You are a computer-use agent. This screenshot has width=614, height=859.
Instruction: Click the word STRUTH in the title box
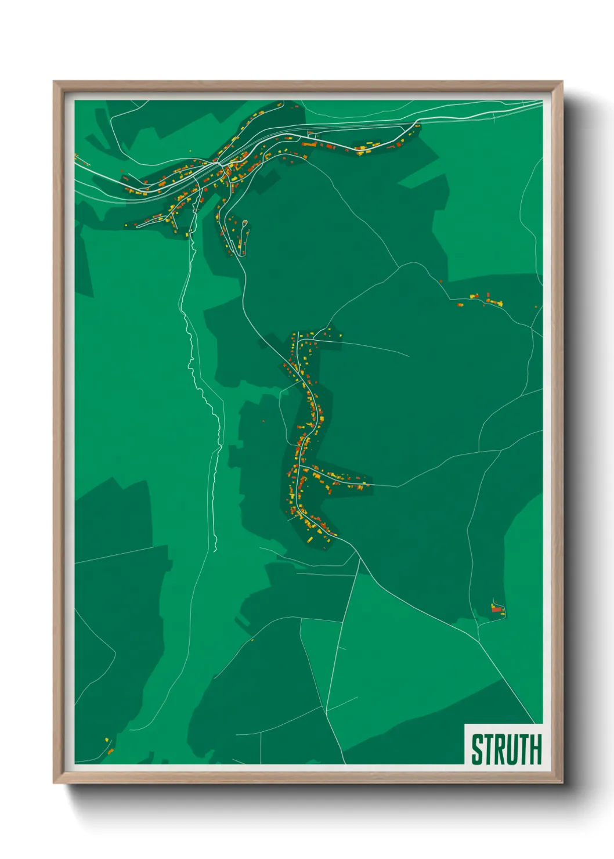pyautogui.click(x=506, y=749)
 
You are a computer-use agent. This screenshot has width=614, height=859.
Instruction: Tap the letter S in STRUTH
pyautogui.click(x=477, y=749)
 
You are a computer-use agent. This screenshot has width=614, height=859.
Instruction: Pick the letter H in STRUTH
pyautogui.click(x=535, y=749)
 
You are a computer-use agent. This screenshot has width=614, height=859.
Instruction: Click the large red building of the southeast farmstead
pyautogui.click(x=496, y=609)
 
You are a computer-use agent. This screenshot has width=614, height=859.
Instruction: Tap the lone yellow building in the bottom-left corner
pyautogui.click(x=107, y=739)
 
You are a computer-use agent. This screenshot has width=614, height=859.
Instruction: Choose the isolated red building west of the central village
pyautogui.click(x=263, y=421)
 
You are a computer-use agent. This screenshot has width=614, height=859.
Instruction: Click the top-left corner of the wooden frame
pyautogui.click(x=54, y=82)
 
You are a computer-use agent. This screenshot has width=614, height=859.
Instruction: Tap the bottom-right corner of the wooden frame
pyautogui.click(x=562, y=783)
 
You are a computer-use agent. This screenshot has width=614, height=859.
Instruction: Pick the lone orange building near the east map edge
pyautogui.click(x=536, y=307)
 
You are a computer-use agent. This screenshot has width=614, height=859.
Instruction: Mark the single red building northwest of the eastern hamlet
pyautogui.click(x=441, y=281)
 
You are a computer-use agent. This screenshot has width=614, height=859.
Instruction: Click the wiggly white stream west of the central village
pyautogui.click(x=203, y=395)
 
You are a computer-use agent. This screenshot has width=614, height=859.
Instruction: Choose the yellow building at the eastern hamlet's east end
pyautogui.click(x=500, y=303)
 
